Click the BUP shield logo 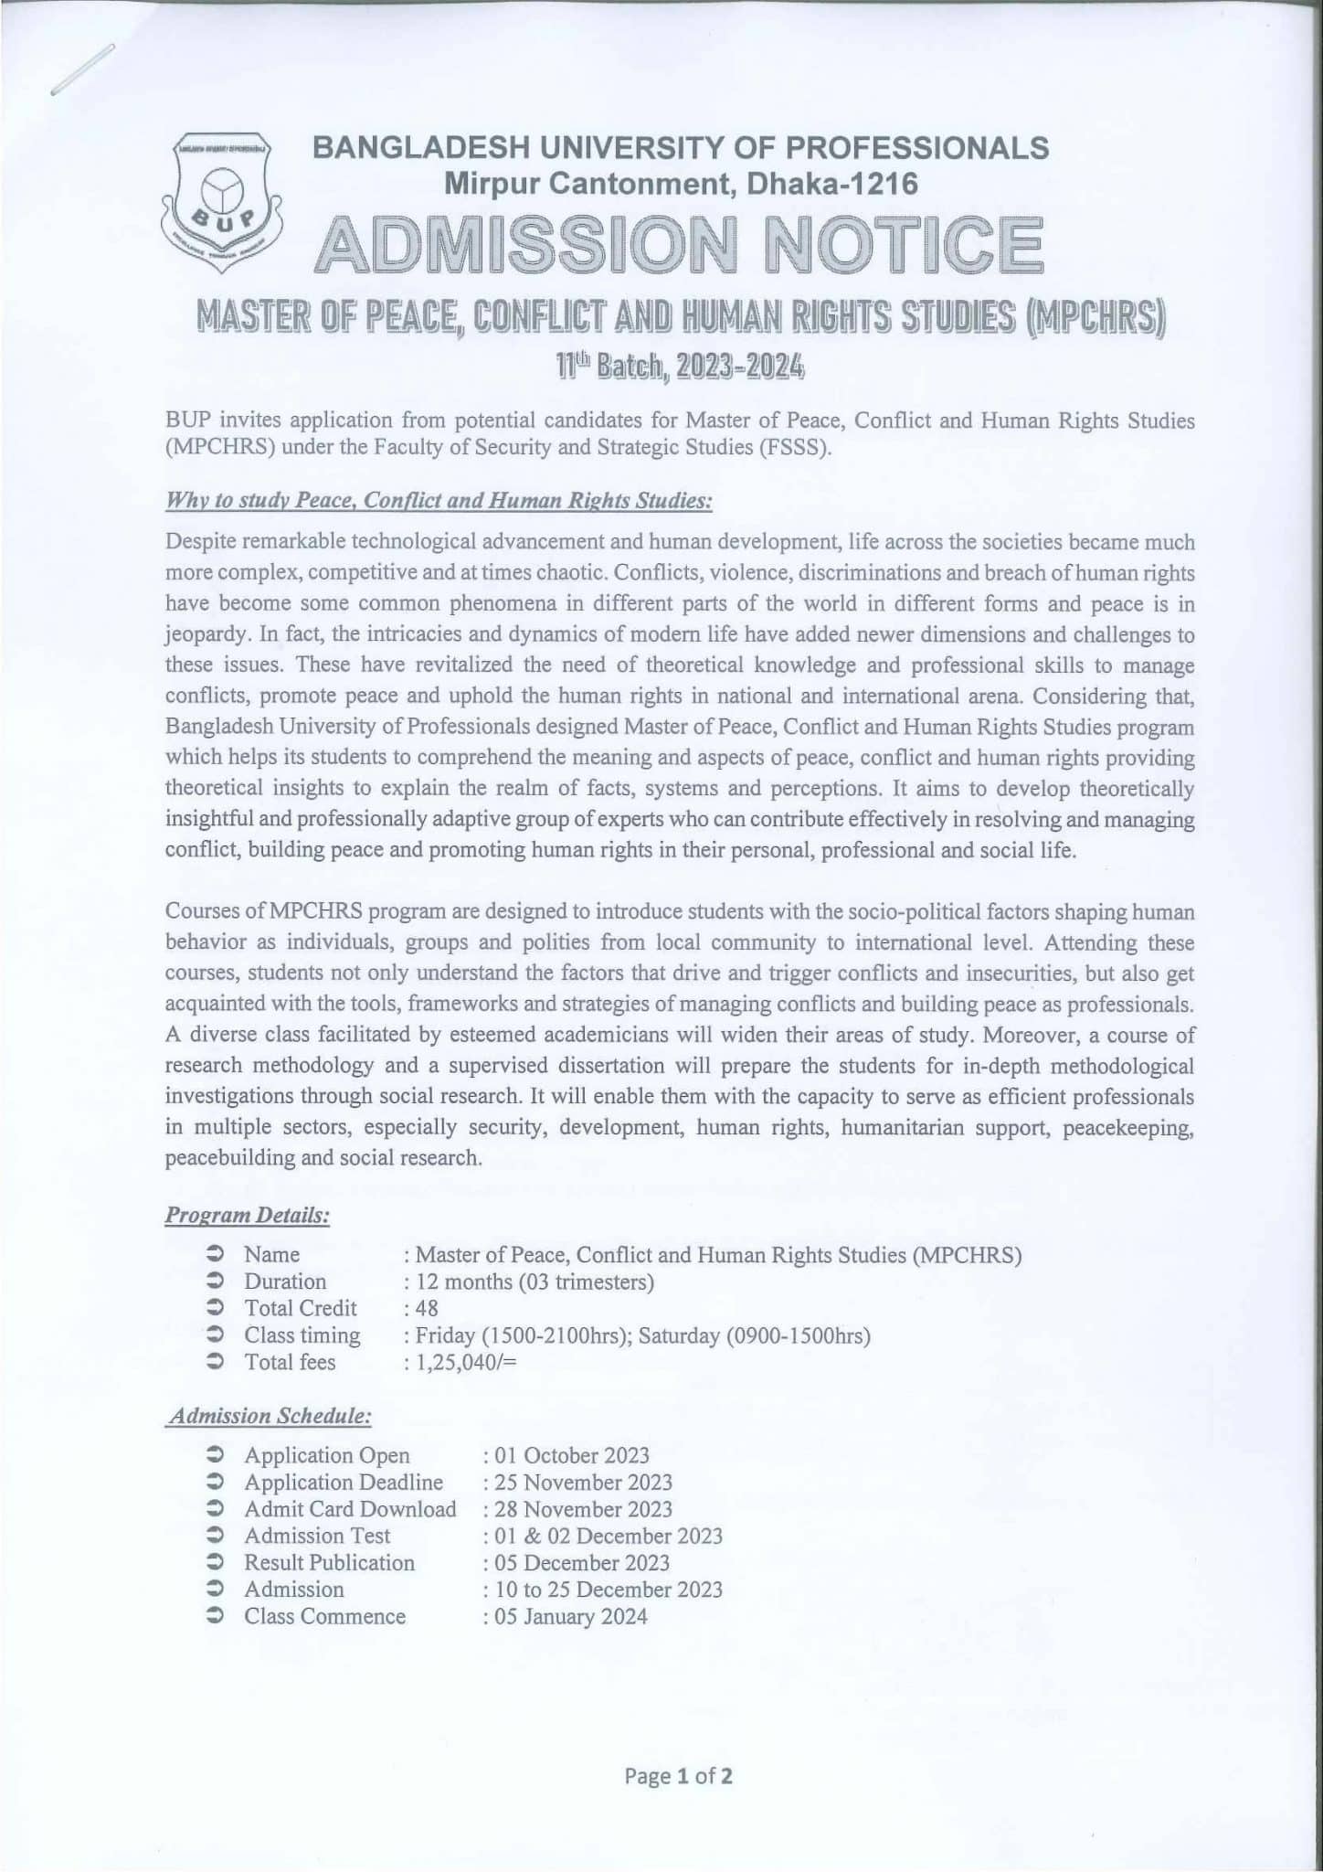coord(221,200)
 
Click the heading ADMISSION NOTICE coord(678,246)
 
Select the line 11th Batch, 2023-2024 coord(680,367)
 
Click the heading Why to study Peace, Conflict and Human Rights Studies coord(439,501)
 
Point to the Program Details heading coord(247,1216)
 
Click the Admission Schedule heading coord(270,1416)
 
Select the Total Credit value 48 coord(427,1309)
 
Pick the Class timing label coord(302,1335)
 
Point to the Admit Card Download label coord(350,1509)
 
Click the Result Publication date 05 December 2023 coord(582,1563)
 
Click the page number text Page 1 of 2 coord(678,1776)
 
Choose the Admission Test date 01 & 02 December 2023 coord(609,1536)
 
